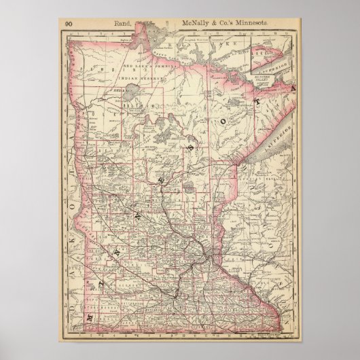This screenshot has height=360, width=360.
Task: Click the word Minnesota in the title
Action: click(x=253, y=23)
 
